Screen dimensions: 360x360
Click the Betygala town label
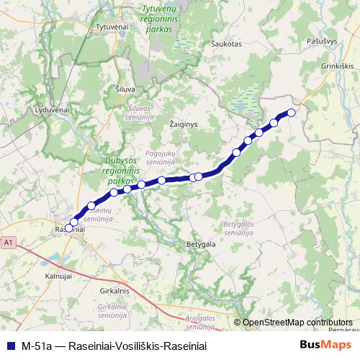[201, 245]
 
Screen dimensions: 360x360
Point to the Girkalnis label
[115, 290]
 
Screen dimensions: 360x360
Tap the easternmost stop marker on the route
[292, 112]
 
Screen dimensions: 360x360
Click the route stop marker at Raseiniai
[69, 228]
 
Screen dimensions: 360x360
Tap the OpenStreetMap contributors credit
[297, 323]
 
